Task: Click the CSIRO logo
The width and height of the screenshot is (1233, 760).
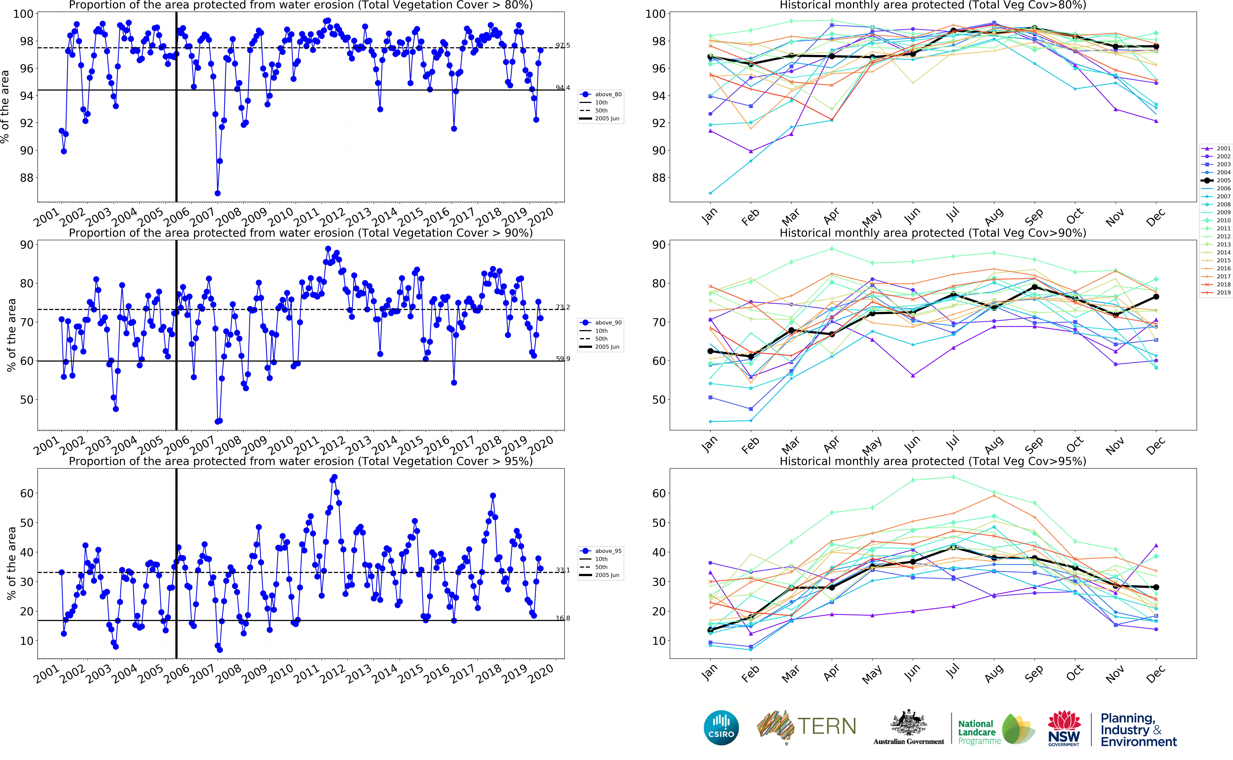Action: (x=721, y=727)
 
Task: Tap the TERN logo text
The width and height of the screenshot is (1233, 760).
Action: (x=826, y=726)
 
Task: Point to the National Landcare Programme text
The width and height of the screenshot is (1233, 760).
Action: (x=977, y=732)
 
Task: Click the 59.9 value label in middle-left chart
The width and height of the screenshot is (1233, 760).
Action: (x=562, y=359)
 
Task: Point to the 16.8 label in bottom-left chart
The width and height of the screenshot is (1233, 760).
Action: (x=562, y=618)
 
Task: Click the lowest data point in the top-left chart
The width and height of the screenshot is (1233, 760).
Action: (x=217, y=193)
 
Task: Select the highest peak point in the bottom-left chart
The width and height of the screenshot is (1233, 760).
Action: (x=335, y=477)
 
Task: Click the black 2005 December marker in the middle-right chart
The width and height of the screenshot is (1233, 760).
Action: (x=1156, y=297)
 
